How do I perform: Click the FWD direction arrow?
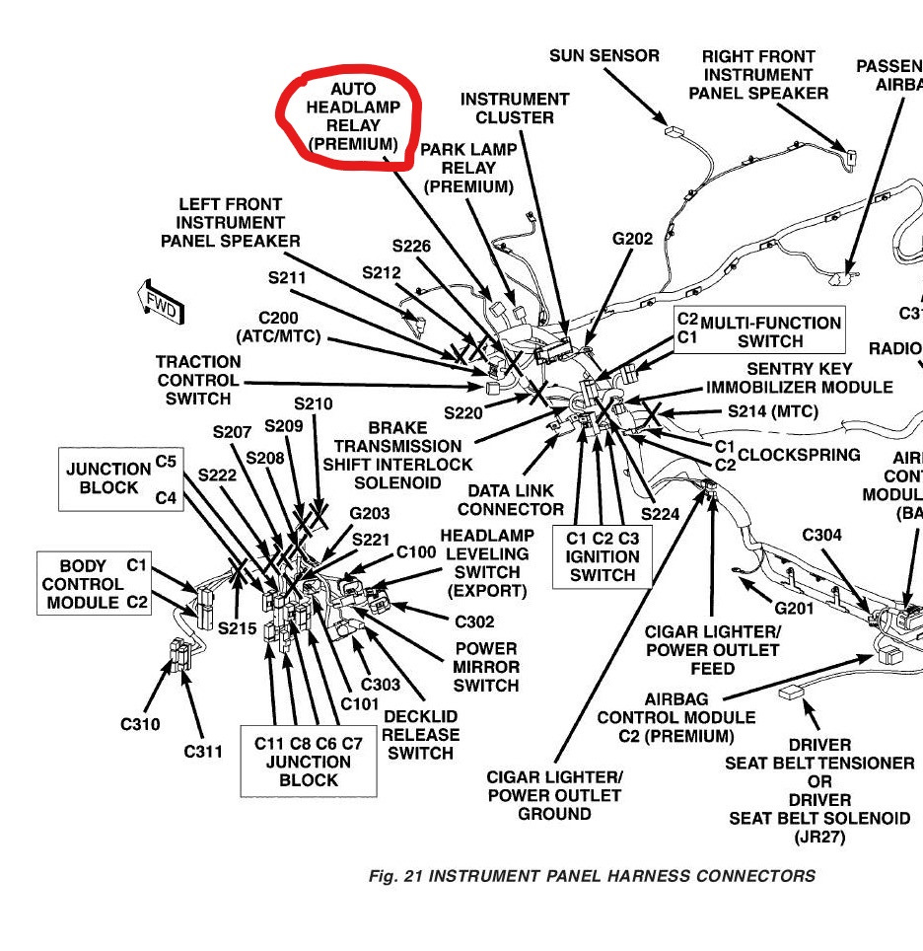tap(158, 305)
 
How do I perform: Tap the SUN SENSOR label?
tap(603, 56)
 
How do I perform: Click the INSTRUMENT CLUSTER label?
tap(514, 108)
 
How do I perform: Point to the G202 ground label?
tap(632, 238)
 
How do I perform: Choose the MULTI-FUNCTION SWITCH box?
tap(758, 331)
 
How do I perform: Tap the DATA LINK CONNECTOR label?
tap(511, 500)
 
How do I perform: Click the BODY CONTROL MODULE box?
tap(95, 583)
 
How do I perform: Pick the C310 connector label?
tap(140, 724)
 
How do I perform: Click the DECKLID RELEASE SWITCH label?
tap(420, 735)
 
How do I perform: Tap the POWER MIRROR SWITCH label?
tap(485, 667)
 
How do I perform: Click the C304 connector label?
tap(821, 535)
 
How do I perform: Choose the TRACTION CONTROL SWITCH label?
tap(197, 380)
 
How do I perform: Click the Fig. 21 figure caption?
tap(592, 876)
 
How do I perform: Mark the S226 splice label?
tap(411, 246)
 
